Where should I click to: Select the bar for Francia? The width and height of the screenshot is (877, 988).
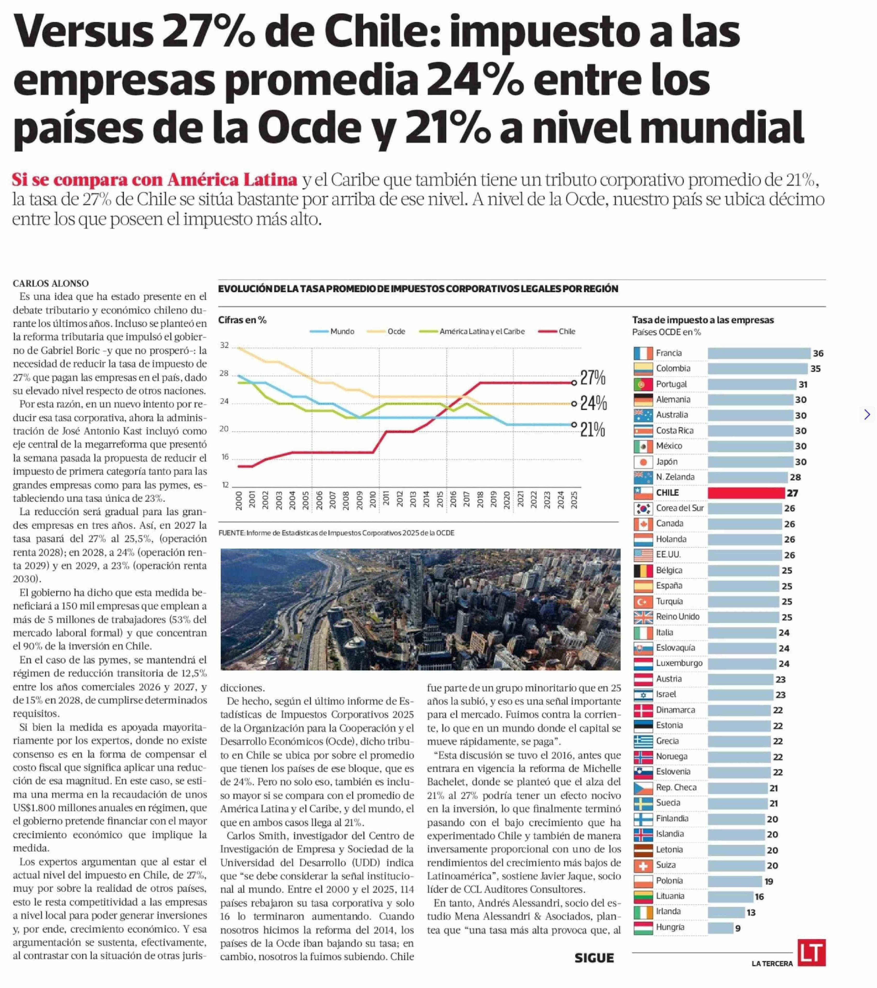tap(759, 353)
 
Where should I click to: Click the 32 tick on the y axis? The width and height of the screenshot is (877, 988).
tap(224, 345)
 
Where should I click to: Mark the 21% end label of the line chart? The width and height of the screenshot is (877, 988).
tap(592, 429)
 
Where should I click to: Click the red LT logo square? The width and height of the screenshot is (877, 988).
tap(811, 952)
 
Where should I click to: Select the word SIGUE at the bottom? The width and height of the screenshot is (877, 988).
tap(594, 958)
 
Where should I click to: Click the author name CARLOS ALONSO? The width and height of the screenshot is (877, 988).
tap(51, 283)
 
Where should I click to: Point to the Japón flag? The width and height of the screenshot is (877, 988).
tap(643, 462)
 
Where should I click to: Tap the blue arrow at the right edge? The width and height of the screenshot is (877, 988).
tap(867, 414)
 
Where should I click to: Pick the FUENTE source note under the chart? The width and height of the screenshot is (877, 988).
tap(336, 533)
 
